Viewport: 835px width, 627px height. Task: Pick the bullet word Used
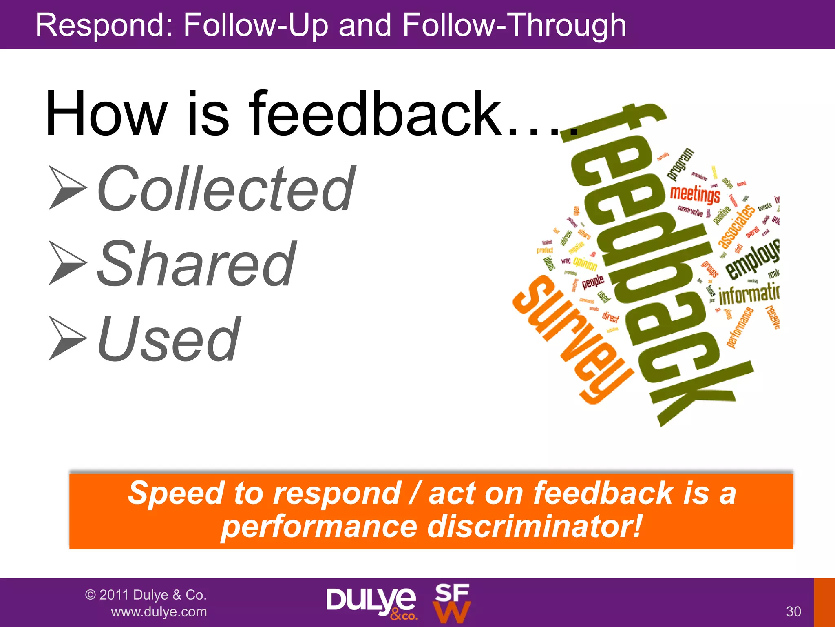[x=168, y=339]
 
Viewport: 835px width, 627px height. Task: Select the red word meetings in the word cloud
[x=695, y=194]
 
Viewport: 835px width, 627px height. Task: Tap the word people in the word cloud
[x=593, y=281]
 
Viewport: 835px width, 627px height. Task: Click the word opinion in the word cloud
[x=585, y=263]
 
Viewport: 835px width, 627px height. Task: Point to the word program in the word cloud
[x=680, y=164]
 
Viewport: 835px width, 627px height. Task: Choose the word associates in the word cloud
[x=736, y=227]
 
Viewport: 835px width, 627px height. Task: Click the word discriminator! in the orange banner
[x=534, y=527]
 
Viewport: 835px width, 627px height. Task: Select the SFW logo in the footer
[x=452, y=603]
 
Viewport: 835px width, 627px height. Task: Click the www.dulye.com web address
[x=159, y=612]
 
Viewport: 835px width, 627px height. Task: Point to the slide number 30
[x=793, y=611]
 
